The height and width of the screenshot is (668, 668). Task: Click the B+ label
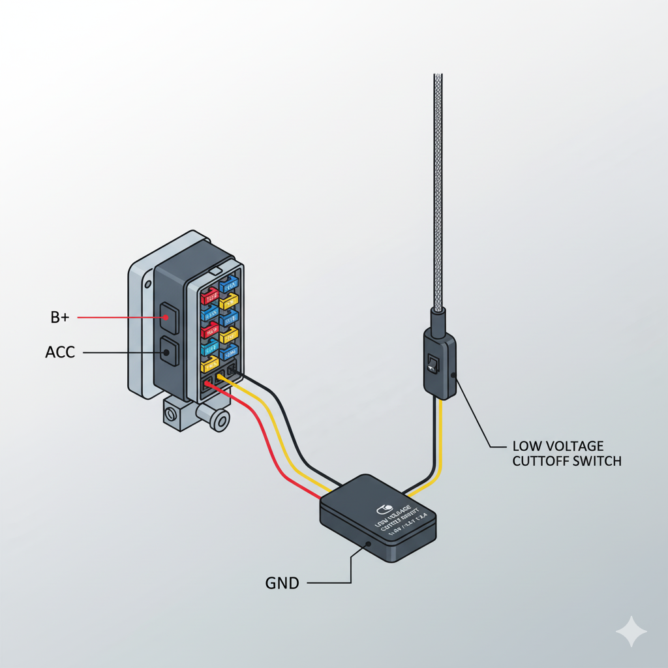tap(59, 318)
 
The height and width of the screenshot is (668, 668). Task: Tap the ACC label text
tap(60, 352)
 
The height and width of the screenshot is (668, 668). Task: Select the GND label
tap(282, 583)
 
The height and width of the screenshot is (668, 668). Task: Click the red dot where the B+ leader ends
tap(167, 318)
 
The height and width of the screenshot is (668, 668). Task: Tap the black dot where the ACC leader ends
tap(167, 352)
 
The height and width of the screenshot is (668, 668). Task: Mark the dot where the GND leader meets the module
tap(369, 543)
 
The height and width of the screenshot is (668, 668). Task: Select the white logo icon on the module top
tap(383, 508)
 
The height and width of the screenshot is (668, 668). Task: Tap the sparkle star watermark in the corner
tap(631, 631)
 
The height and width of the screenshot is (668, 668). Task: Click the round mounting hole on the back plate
tap(148, 284)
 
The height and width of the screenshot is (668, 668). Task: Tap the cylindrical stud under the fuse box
tap(218, 420)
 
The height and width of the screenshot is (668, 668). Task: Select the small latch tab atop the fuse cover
tap(215, 270)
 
